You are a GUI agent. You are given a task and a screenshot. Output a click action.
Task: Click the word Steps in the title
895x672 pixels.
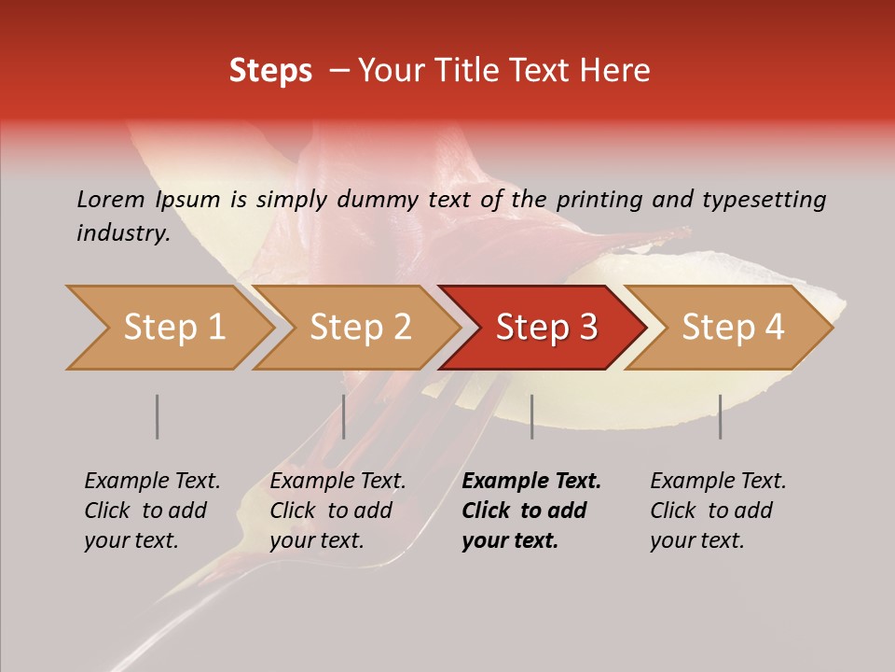pos(270,71)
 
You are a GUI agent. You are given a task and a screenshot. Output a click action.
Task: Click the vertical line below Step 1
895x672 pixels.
pos(157,416)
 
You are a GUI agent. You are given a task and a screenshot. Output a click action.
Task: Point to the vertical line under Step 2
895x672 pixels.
pos(344,416)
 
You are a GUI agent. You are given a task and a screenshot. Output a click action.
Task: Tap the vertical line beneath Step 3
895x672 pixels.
pos(531,416)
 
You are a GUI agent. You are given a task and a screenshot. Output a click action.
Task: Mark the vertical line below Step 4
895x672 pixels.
pos(720,416)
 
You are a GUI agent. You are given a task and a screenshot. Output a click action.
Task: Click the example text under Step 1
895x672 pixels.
pos(152,511)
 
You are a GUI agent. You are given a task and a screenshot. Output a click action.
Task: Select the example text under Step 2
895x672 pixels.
pos(337,511)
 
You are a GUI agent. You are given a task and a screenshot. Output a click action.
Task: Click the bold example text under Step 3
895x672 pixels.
pos(531,511)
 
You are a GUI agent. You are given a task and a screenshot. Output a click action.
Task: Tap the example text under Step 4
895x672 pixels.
pos(718,511)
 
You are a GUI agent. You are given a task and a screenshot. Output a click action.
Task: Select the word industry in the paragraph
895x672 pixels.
pos(123,233)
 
